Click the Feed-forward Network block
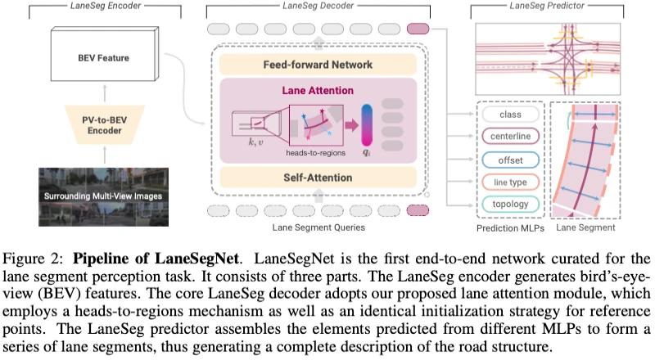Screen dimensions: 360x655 [x=318, y=65]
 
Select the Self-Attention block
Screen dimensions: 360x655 [x=318, y=178]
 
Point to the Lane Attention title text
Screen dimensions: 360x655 [x=318, y=92]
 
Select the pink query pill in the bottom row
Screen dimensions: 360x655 [x=416, y=210]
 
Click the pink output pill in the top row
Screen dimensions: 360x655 [x=416, y=30]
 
